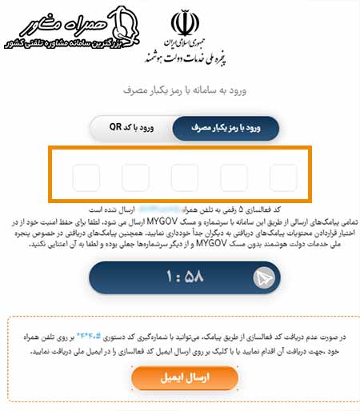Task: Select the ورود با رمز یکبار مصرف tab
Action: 225,127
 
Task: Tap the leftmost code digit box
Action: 86,178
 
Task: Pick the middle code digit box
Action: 185,178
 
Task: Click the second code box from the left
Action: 135,178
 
